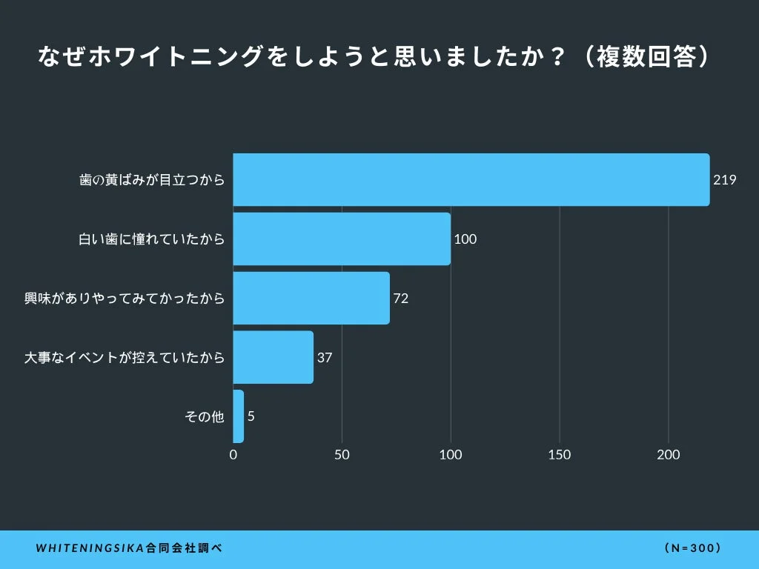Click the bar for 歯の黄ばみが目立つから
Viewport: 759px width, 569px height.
(471, 179)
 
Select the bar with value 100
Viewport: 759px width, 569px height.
(342, 239)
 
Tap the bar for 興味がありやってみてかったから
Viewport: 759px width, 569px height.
(311, 298)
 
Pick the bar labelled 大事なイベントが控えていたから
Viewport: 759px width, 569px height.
(273, 357)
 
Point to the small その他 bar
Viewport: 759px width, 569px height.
(239, 416)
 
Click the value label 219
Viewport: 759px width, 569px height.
(724, 180)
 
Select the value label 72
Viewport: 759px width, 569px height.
(401, 299)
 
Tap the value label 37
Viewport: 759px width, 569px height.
(325, 358)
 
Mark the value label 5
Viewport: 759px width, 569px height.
(251, 416)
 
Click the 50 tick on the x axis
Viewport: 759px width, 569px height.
(342, 455)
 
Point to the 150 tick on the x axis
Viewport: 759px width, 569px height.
(560, 455)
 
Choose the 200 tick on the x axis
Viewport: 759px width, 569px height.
(669, 455)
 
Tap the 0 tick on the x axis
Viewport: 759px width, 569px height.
(233, 455)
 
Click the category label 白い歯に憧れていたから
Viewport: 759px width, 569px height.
(151, 239)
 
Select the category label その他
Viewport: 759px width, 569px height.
(204, 417)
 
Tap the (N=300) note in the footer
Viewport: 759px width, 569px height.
(693, 549)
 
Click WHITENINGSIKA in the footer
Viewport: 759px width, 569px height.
(90, 549)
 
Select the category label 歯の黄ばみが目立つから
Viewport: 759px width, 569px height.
(152, 180)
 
